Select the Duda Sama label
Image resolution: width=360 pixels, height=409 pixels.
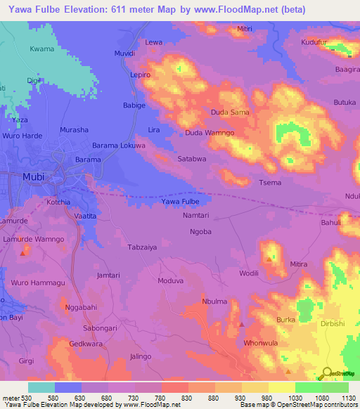tap(230, 112)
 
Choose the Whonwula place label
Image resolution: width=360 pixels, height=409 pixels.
tap(261, 343)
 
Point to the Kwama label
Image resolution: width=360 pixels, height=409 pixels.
tap(41, 49)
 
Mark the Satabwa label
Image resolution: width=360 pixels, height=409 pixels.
tap(192, 159)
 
